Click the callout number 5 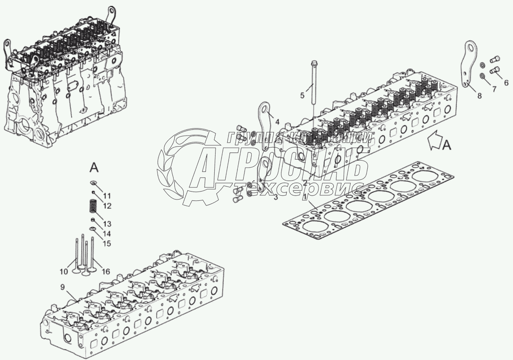(302, 96)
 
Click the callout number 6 (506, 81)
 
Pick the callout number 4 (276, 122)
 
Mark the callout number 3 (276, 197)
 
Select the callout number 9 (62, 288)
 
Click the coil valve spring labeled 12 (92, 207)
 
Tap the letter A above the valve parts (94, 168)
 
